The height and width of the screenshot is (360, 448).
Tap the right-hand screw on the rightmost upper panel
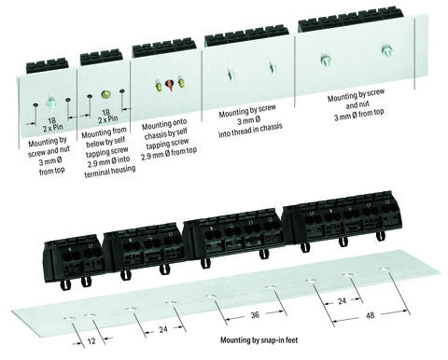(x=385, y=49)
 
